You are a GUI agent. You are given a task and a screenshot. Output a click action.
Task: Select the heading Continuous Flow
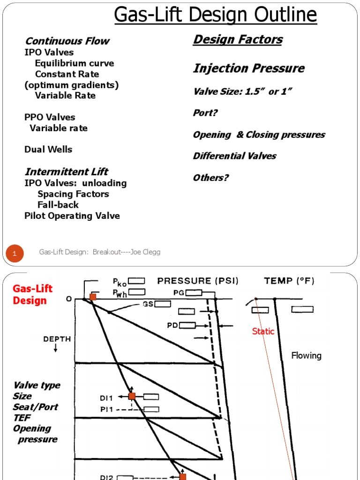[67, 41]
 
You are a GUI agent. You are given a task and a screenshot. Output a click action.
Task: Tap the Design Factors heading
[238, 39]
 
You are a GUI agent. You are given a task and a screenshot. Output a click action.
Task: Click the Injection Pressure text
[248, 68]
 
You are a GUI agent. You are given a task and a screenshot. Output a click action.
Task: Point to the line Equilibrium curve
[74, 63]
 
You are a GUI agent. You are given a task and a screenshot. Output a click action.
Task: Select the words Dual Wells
[48, 150]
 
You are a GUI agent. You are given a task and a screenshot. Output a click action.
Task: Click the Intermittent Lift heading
[66, 172]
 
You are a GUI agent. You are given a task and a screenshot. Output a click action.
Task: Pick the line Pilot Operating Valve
[72, 216]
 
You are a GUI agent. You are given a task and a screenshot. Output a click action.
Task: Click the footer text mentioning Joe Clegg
[99, 252]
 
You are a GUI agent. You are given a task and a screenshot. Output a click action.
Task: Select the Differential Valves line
[234, 156]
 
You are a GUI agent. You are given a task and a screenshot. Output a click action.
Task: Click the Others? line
[210, 178]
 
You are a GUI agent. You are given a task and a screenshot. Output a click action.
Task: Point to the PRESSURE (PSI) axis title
[197, 281]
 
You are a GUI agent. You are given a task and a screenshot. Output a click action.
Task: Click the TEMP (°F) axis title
[289, 281]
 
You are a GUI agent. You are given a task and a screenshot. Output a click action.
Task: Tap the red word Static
[263, 331]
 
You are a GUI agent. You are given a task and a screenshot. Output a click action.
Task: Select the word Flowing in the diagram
[306, 355]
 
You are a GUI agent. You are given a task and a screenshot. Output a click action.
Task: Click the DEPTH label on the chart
[57, 339]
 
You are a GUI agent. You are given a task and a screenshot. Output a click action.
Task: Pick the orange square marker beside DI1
[132, 396]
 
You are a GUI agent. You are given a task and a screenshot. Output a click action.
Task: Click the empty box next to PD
[187, 325]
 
